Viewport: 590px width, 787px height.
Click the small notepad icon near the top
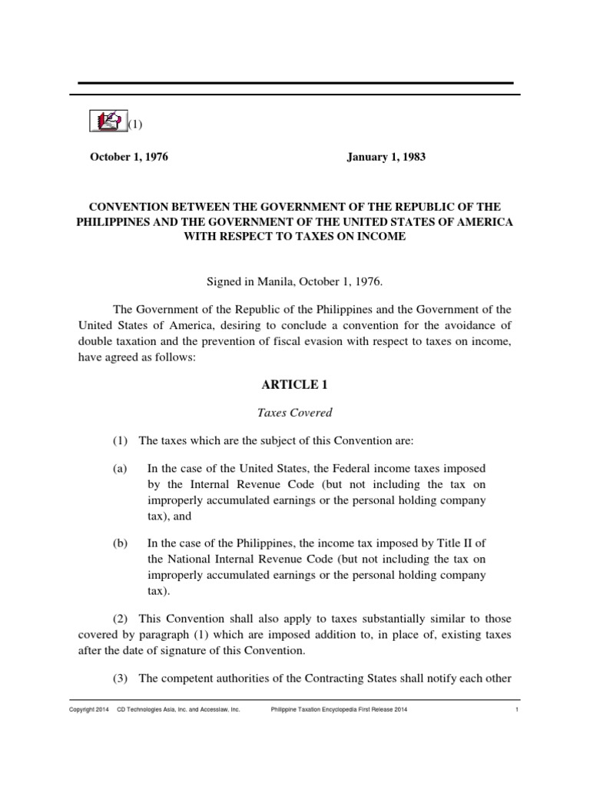(108, 121)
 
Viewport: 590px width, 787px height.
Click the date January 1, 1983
(385, 157)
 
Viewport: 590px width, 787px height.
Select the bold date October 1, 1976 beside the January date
(129, 157)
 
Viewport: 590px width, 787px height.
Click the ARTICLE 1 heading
(294, 385)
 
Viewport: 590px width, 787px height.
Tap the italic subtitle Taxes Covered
(294, 413)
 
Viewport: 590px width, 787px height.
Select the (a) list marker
(119, 469)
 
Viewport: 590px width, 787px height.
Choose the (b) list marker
(119, 543)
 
